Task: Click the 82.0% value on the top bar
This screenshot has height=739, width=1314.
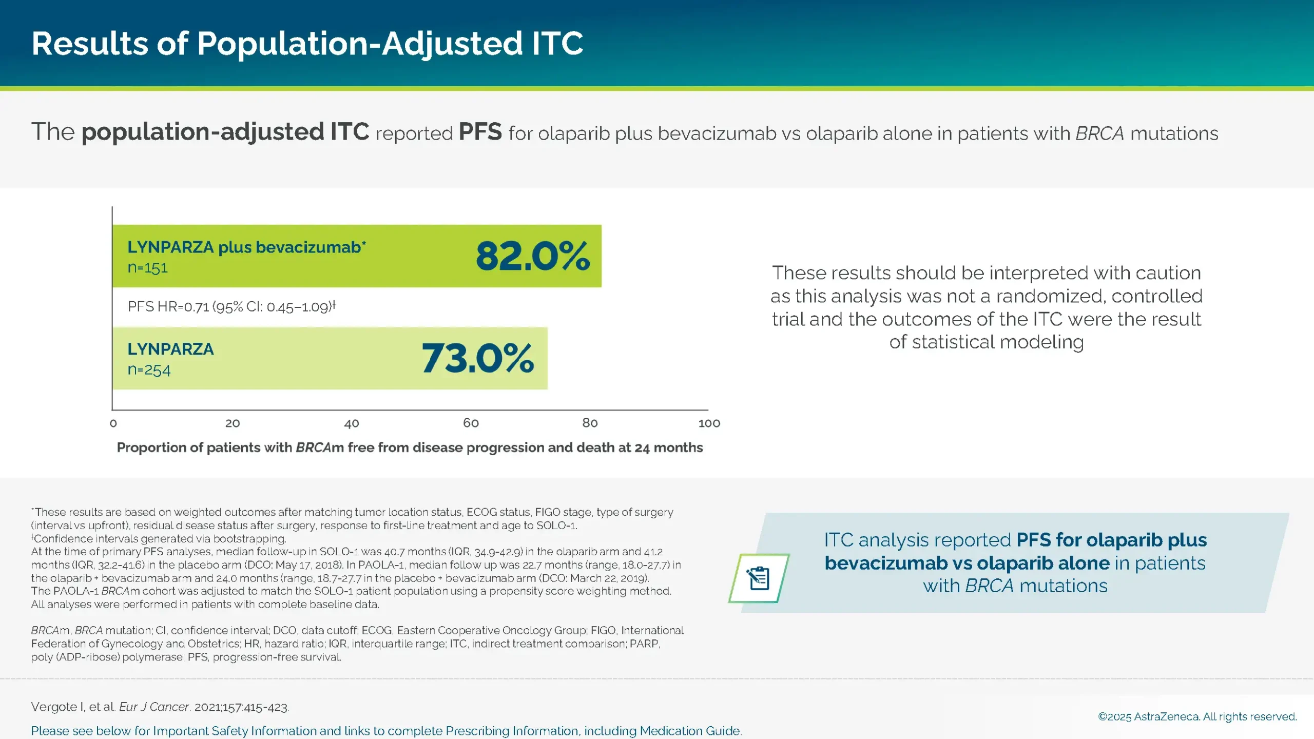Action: pos(533,256)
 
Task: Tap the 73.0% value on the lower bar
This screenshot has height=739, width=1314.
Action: pos(478,358)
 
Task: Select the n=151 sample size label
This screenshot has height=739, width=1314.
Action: pos(148,268)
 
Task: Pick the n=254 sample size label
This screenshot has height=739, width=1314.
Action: pos(149,369)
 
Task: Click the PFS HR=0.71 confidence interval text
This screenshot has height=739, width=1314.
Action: pos(231,307)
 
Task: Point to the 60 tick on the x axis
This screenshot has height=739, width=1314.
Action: pos(471,423)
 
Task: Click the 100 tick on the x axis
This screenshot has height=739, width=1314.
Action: pos(709,423)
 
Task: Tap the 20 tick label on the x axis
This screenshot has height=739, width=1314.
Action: pos(233,423)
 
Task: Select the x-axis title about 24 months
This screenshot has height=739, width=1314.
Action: pos(410,448)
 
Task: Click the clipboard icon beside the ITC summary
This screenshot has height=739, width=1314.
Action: pos(759,578)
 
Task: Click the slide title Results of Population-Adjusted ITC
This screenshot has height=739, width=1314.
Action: pos(307,43)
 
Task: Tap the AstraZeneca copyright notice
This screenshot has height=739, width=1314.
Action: pos(1197,716)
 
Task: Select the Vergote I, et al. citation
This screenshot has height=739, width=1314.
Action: pos(160,707)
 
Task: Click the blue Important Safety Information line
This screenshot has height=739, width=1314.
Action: pos(386,731)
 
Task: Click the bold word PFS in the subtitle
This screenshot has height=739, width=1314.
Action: pos(480,132)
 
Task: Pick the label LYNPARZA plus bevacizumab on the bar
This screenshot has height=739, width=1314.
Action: pos(246,247)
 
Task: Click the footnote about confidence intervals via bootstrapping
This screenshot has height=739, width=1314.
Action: pos(159,539)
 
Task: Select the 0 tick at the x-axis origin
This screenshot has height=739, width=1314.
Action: pos(113,423)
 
